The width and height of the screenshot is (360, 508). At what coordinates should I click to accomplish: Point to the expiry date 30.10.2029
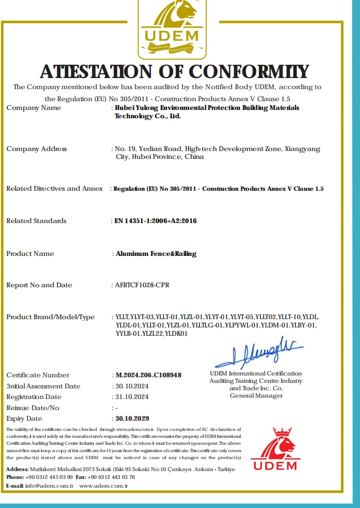pos(132,418)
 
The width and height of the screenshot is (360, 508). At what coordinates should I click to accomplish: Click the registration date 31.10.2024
pos(132,397)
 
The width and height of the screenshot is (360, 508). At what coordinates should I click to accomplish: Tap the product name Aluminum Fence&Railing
pos(156,254)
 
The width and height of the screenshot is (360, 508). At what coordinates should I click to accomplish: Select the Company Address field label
pos(36,149)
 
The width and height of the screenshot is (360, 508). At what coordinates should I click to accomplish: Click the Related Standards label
pos(36,221)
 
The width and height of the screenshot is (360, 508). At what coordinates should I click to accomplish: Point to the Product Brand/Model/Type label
pos(50,317)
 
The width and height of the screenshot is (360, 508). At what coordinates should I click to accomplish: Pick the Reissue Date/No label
pos(33,408)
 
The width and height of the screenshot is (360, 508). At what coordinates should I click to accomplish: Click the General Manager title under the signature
pos(256,396)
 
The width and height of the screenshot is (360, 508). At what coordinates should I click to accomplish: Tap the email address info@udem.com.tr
pos(49,486)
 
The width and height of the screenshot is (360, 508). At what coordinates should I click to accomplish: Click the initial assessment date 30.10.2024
pos(132,386)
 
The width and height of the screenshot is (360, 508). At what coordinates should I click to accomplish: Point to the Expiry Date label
pos(24,418)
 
